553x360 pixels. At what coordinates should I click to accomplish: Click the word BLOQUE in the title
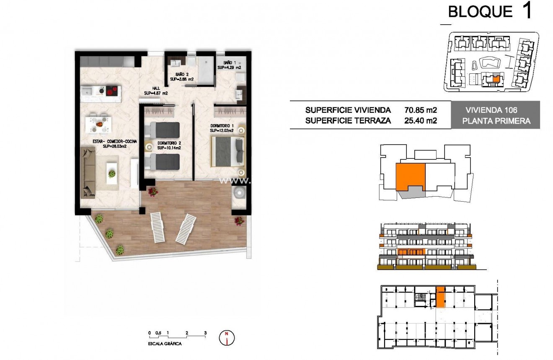[x=480, y=12]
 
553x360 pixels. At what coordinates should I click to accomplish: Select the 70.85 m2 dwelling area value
[x=421, y=111]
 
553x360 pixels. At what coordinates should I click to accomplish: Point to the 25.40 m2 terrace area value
[x=421, y=121]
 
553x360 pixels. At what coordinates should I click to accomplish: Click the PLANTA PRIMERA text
[x=496, y=121]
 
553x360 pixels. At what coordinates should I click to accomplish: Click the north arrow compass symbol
[x=227, y=337]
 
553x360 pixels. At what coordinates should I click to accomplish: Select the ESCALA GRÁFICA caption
[x=165, y=343]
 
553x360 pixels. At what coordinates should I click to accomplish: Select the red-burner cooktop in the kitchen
[x=112, y=90]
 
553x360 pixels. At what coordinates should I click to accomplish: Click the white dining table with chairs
[x=99, y=124]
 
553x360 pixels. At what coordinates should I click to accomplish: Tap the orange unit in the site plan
[x=496, y=78]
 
